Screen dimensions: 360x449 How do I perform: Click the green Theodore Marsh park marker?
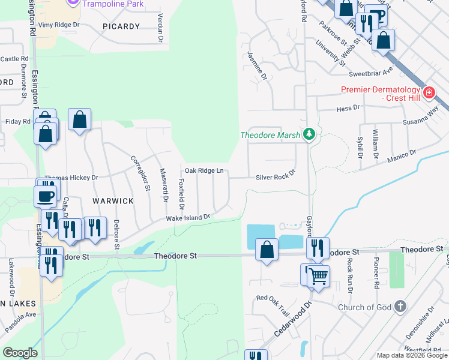point(309,134)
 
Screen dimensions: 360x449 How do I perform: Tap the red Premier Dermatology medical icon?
point(429,92)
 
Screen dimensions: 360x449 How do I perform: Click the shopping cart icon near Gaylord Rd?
point(319,277)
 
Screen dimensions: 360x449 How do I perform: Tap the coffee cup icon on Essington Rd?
point(46,196)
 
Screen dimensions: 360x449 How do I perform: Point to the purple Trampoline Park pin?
point(73,3)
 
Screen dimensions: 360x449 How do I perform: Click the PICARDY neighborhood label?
point(121,26)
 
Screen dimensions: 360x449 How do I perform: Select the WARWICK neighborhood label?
point(112,201)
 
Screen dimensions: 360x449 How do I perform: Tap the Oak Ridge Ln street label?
point(204,171)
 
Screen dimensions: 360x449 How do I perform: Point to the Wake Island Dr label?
point(188,218)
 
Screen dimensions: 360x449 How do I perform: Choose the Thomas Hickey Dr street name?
point(71,178)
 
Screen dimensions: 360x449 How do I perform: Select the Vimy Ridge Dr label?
point(59,25)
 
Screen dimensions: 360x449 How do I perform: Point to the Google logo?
point(20,353)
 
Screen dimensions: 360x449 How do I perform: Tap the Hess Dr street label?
point(348,108)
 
